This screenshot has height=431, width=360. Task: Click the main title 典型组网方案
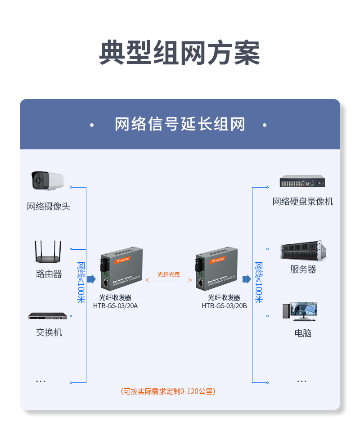pyautogui.click(x=180, y=53)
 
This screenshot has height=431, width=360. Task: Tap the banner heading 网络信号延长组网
pyautogui.click(x=180, y=124)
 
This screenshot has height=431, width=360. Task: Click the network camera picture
pyautogui.click(x=48, y=180)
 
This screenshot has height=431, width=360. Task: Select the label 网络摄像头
pyautogui.click(x=49, y=207)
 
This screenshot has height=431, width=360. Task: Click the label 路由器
pyautogui.click(x=49, y=274)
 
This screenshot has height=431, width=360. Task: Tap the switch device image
pyautogui.click(x=47, y=316)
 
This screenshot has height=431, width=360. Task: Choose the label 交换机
pyautogui.click(x=49, y=332)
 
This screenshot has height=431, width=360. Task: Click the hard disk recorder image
pyautogui.click(x=302, y=181)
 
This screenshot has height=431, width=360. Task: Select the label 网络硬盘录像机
pyautogui.click(x=302, y=202)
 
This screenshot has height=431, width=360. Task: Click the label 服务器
pyautogui.click(x=302, y=269)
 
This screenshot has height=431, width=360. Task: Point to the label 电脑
pyautogui.click(x=302, y=333)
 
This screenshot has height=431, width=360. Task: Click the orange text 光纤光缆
pyautogui.click(x=169, y=274)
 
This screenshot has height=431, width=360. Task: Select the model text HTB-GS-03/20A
pyautogui.click(x=115, y=306)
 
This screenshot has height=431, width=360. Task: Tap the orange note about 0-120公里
pyautogui.click(x=168, y=391)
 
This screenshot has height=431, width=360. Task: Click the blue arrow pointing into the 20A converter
pyautogui.click(x=91, y=279)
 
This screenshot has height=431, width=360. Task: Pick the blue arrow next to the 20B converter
pyautogui.click(x=246, y=279)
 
